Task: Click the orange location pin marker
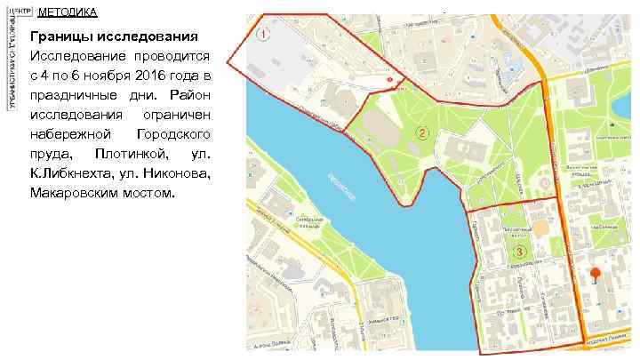click(595, 275)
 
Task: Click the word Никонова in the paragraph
click(177, 173)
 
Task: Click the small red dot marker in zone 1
click(390, 80)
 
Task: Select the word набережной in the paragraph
click(70, 134)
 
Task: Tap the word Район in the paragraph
click(191, 96)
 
